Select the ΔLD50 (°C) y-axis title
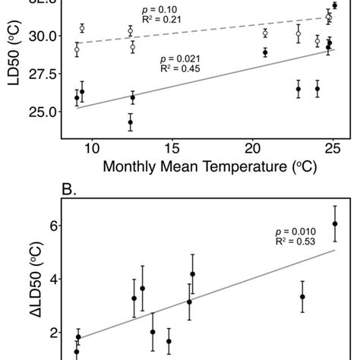[13, 281]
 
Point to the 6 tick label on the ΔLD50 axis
[52, 226]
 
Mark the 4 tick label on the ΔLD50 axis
[52, 279]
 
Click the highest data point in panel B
[335, 223]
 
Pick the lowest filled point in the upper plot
[131, 122]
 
